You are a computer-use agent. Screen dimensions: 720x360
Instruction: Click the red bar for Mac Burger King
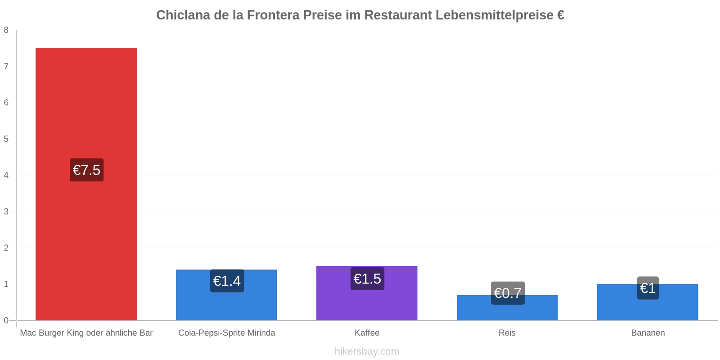pos(86,184)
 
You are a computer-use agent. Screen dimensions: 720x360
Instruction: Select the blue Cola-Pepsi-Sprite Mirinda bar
pos(227,295)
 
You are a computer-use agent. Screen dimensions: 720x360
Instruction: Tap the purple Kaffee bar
pos(367,293)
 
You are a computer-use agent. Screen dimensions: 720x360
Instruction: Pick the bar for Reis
pos(507,308)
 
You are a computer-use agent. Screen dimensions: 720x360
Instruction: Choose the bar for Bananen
pos(648,302)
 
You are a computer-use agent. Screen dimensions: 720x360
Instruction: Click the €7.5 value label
pos(87,170)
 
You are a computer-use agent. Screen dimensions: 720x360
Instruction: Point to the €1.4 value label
pos(227,281)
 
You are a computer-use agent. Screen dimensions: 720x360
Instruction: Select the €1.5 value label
pos(367,279)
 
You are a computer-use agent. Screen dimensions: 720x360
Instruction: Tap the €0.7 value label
pos(508,293)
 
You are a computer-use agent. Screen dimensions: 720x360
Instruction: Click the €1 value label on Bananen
pos(648,288)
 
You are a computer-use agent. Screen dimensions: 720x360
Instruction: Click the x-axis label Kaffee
pos(367,333)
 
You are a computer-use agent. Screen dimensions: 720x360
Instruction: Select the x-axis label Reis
pos(507,333)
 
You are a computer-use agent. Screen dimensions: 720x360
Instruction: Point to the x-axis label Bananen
pos(648,333)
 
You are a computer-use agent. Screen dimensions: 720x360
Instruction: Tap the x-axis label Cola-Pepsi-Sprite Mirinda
pos(227,333)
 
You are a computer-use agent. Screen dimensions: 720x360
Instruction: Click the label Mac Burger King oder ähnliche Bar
pos(86,333)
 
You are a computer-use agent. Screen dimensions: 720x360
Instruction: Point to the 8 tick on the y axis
pos(6,30)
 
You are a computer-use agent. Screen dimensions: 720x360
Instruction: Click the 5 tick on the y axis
pos(6,139)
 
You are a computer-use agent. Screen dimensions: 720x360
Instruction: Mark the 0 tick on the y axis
pos(6,320)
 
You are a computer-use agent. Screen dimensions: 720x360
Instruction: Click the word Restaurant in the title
pos(398,15)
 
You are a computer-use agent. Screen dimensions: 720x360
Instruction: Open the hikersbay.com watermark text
pos(367,351)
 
